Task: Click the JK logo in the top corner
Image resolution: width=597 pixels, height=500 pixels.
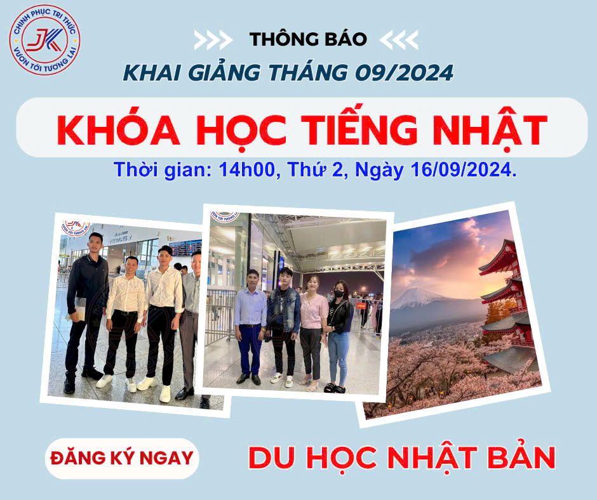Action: coord(44,40)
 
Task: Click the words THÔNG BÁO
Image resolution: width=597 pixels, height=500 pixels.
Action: coord(308,39)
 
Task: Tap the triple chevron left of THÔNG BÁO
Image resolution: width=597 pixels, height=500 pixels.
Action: coord(213,40)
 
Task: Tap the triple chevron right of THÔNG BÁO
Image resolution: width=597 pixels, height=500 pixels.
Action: coord(399,40)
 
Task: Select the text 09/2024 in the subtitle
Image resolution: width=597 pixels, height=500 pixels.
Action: coord(405,73)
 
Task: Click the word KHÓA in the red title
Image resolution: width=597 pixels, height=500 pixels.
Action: coord(118,129)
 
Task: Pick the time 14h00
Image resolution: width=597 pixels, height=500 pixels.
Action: coord(246,169)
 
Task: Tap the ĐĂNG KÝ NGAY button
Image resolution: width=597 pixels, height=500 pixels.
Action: coord(122,458)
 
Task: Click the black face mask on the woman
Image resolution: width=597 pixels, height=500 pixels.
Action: coord(339,293)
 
